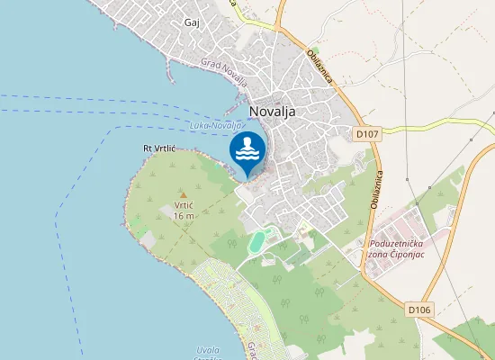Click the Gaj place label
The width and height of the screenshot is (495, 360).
tap(192, 22)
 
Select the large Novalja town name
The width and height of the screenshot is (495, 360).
tap(277, 112)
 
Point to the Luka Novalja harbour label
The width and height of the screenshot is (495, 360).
tap(216, 126)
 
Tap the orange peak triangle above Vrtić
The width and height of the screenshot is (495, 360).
tap(184, 193)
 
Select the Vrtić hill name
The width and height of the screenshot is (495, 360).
tap(184, 205)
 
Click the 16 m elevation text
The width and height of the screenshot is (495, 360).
tap(184, 216)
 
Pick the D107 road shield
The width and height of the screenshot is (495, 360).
tap(366, 133)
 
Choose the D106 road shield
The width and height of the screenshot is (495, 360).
tap(420, 310)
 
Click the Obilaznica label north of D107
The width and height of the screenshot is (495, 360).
tap(320, 67)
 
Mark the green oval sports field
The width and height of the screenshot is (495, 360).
tap(258, 240)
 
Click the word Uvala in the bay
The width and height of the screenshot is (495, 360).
tap(207, 349)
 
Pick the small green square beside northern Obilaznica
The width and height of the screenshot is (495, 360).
tap(314, 51)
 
